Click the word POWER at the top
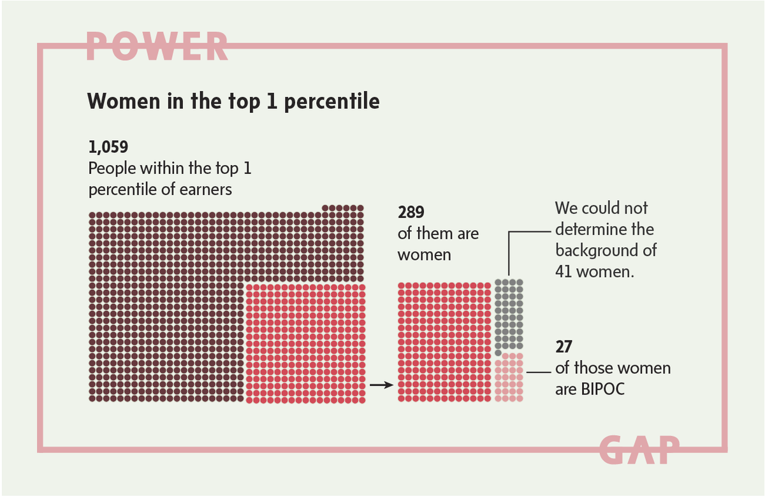coord(157,47)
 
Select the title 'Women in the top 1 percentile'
coord(233,101)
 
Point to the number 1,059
coord(108,147)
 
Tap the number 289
coord(411,212)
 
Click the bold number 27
coord(564,347)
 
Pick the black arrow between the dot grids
coord(381,385)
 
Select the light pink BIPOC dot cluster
coord(509,377)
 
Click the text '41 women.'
coord(594,271)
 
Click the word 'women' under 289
coord(424,255)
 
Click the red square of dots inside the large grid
coord(305,343)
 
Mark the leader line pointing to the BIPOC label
coord(539,371)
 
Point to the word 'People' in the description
coord(112,169)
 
